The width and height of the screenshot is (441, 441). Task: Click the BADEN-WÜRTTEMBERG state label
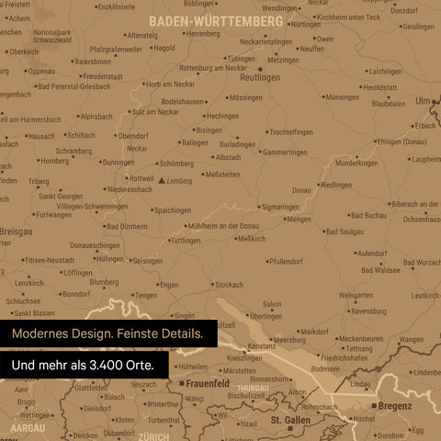pyautogui.click(x=216, y=19)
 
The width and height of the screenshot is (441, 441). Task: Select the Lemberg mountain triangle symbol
pyautogui.click(x=163, y=181)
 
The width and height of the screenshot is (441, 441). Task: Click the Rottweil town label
pyautogui.click(x=142, y=178)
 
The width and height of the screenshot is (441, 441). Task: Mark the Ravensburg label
pyautogui.click(x=367, y=311)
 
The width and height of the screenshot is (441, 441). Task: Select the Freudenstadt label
pyautogui.click(x=102, y=76)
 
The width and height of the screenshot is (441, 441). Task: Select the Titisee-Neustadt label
pyautogui.click(x=51, y=260)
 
